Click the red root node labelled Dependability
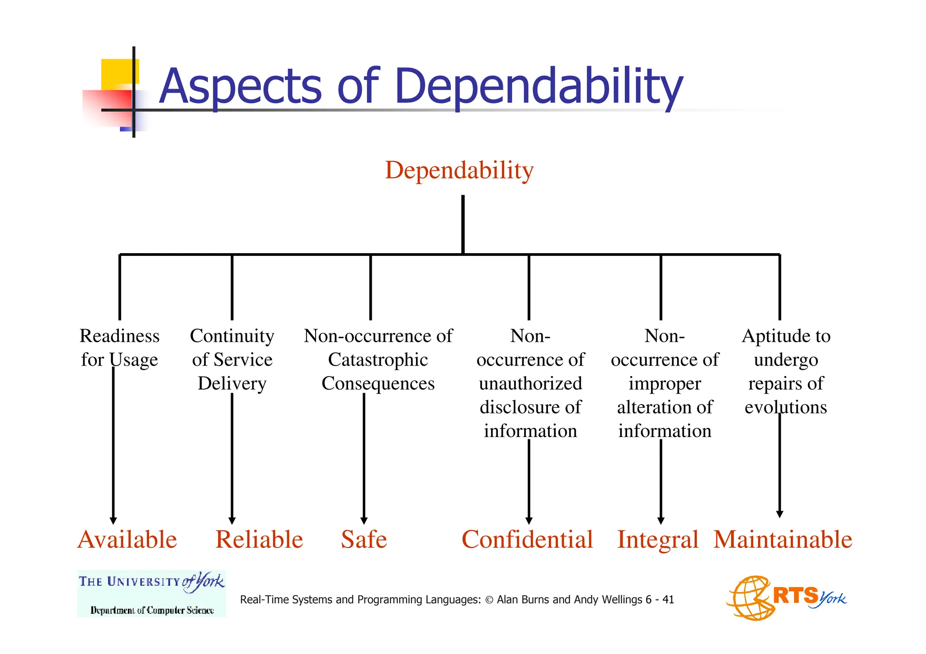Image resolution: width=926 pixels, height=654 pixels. pos(459,171)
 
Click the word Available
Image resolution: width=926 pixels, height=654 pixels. pos(127,540)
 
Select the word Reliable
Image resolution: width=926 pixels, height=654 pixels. pos(259,540)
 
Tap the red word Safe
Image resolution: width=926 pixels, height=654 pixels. pos(364,540)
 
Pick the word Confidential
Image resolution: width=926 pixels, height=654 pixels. pos(527,540)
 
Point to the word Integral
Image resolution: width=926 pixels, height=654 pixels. pos(658,540)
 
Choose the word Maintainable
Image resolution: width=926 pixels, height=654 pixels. pos(783,540)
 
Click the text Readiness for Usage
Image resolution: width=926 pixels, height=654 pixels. pos(120,348)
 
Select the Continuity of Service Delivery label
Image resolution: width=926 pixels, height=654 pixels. pos(232,359)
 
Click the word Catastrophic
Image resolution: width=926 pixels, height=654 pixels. pos(378,360)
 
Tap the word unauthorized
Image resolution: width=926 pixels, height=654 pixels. pos(530,384)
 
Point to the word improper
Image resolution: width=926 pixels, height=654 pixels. pos(665,384)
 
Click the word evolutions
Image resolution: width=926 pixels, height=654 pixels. pos(786,407)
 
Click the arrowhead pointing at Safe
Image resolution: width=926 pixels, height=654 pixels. pos(364,521)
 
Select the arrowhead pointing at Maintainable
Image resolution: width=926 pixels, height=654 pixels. pos(780,514)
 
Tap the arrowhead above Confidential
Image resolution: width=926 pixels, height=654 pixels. pos(529,521)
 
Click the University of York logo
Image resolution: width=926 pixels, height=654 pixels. pos(151,593)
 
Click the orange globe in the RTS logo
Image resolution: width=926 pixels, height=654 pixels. pos(749,598)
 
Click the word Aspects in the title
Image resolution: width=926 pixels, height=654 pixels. pos(241,86)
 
